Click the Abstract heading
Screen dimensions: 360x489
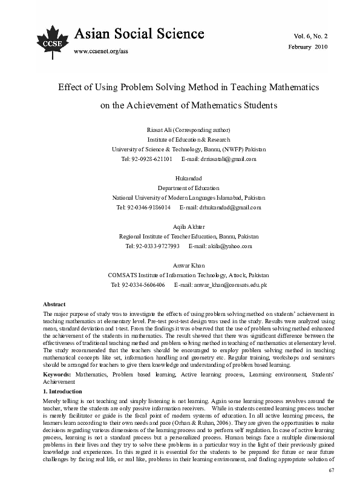click(54, 304)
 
